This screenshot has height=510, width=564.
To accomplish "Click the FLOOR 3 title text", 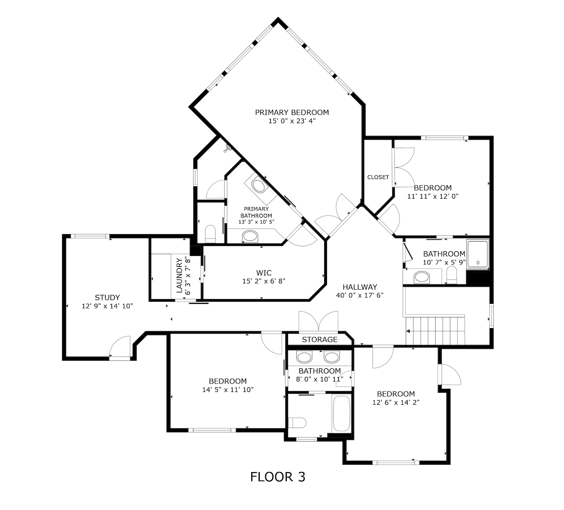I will [x=277, y=477].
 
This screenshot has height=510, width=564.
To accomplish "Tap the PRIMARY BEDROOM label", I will [x=291, y=112].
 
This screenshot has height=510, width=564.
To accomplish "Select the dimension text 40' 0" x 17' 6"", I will [x=360, y=295].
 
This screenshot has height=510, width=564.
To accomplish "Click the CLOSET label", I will [x=378, y=177].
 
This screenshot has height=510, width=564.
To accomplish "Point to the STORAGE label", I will [x=319, y=339].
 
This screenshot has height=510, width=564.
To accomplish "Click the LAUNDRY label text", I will [x=179, y=276].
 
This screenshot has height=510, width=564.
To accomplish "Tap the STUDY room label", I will [x=107, y=298].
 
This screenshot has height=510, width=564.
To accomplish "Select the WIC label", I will [x=264, y=273].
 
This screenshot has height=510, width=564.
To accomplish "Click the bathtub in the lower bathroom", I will [x=341, y=413].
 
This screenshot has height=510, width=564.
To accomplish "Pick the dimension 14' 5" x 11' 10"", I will [x=227, y=390].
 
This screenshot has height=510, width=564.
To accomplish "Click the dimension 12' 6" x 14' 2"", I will [x=396, y=402].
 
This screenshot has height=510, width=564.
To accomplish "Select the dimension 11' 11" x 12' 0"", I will [x=433, y=196].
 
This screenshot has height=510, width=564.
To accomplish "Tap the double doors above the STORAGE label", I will [x=318, y=322].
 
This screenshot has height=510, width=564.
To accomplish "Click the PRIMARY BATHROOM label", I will [x=256, y=212].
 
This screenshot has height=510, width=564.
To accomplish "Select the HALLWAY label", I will [x=360, y=287].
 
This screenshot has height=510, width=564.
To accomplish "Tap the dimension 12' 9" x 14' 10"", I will [x=107, y=306].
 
